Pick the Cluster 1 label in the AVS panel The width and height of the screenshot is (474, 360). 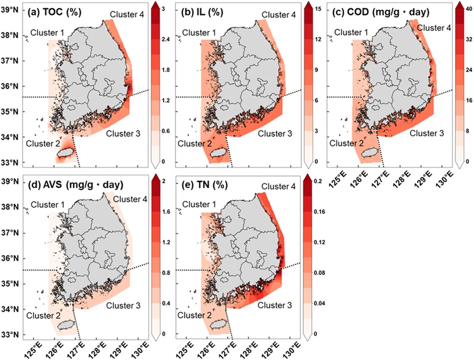point(49,205)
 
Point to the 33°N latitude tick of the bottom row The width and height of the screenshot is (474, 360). point(12,334)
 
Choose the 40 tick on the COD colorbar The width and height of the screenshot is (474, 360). point(464,9)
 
